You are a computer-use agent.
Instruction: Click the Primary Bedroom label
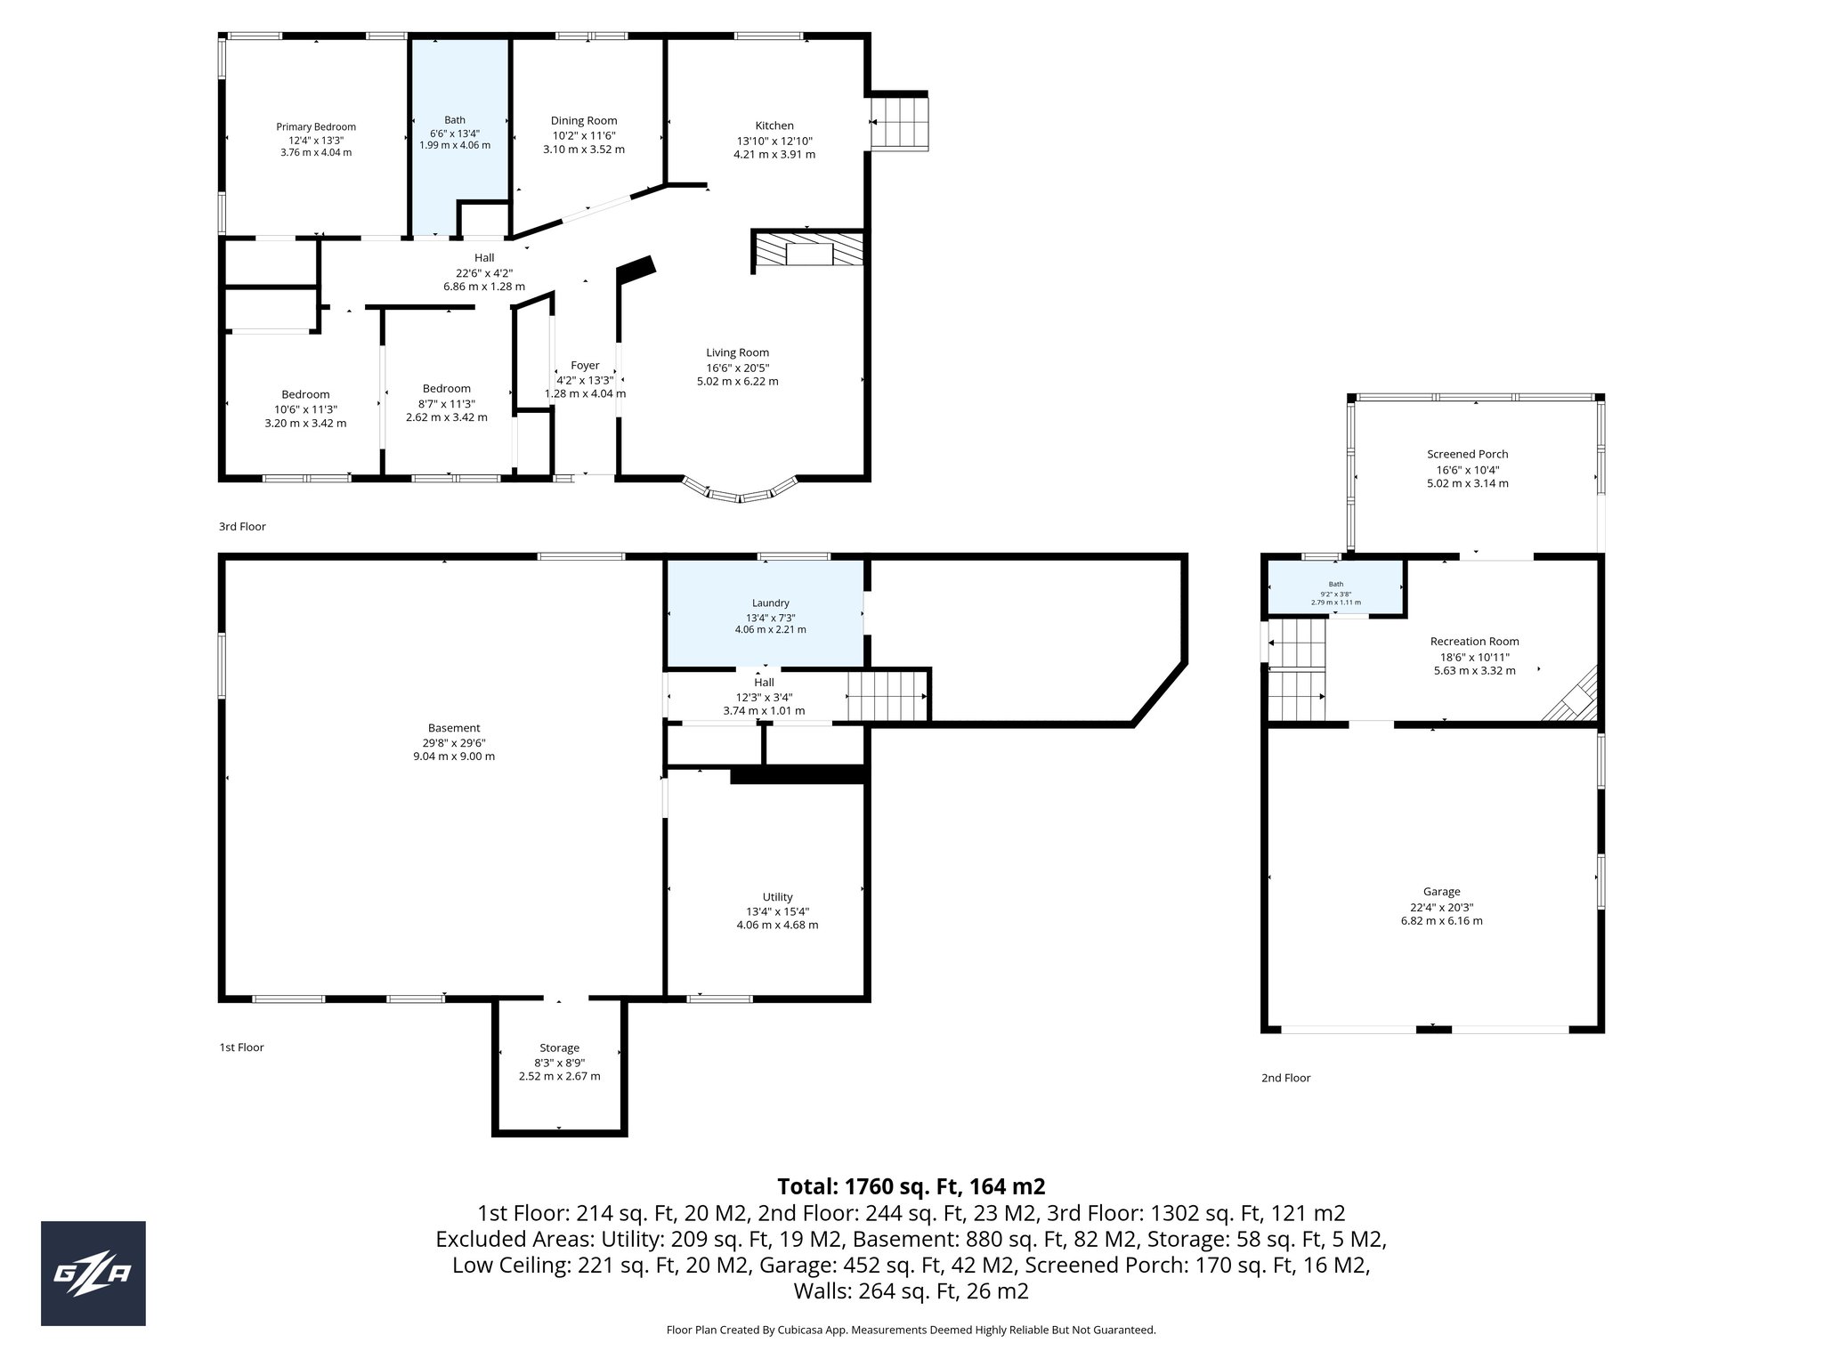(x=315, y=127)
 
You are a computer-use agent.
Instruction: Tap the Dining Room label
(x=583, y=121)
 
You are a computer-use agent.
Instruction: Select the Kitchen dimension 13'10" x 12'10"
(x=774, y=141)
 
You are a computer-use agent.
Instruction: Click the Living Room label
(x=737, y=352)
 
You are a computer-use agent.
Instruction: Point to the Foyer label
(x=585, y=366)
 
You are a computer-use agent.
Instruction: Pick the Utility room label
(x=777, y=897)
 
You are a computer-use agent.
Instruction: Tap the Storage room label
(x=559, y=1048)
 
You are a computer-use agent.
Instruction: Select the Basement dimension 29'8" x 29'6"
(x=454, y=742)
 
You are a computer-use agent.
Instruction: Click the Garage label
(x=1441, y=892)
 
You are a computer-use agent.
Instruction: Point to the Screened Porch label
(x=1467, y=454)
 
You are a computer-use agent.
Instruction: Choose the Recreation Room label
(x=1474, y=641)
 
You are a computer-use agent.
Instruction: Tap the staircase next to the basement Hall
(x=887, y=696)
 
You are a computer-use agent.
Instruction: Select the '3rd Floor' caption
(x=242, y=527)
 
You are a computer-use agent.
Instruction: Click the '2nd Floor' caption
(x=1285, y=1078)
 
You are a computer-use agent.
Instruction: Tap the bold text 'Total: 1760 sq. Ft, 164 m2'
(x=911, y=1186)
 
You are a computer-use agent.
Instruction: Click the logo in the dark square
(x=93, y=1274)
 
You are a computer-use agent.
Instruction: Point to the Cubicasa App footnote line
(x=911, y=1330)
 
